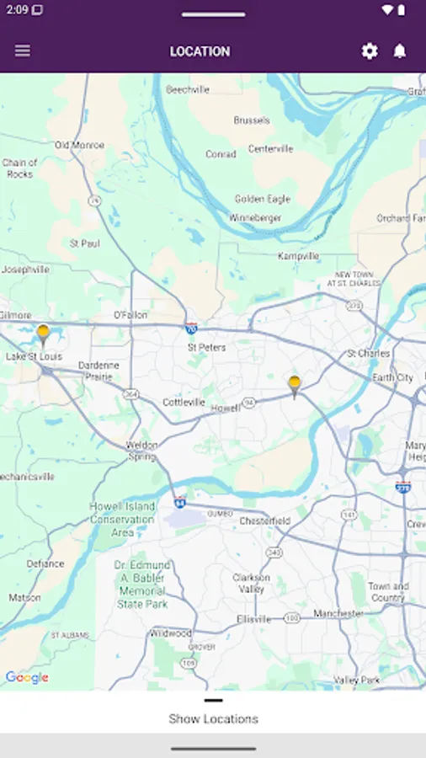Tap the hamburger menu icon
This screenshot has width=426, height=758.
click(23, 51)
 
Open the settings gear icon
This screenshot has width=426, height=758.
click(370, 51)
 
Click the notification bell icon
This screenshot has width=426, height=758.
click(400, 51)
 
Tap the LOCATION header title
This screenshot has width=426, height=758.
click(200, 51)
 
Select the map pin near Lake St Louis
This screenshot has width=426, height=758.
click(43, 335)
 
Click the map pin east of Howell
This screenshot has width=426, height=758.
click(294, 386)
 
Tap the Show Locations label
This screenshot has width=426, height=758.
click(213, 718)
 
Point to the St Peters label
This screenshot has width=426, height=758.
click(206, 347)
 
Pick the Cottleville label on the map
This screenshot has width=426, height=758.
click(184, 403)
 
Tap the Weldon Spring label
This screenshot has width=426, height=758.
click(141, 451)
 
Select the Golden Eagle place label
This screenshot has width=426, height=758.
click(262, 199)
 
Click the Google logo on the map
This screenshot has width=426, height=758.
click(27, 678)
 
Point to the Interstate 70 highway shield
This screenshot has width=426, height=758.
click(192, 328)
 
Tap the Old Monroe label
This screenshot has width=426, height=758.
click(79, 145)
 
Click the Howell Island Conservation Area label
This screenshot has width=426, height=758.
click(123, 520)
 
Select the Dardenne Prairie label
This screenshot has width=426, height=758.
click(99, 371)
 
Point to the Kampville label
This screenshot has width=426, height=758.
click(298, 256)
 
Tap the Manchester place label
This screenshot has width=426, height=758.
click(338, 614)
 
